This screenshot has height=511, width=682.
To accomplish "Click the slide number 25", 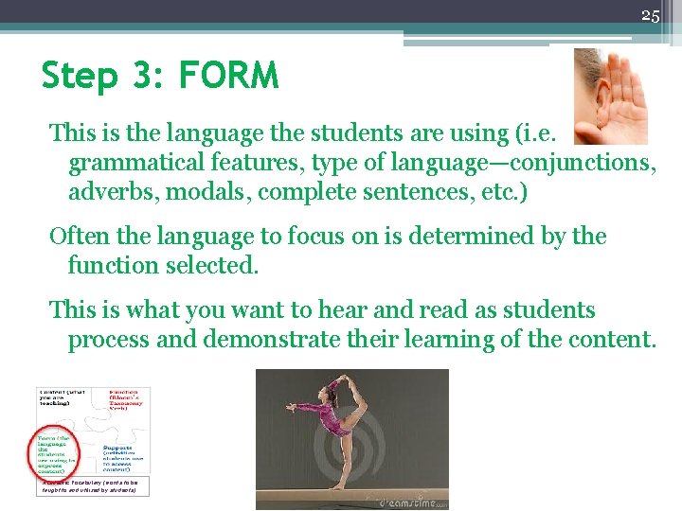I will coord(650,15).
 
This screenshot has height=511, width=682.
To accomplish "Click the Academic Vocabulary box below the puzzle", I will coord(95,485).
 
